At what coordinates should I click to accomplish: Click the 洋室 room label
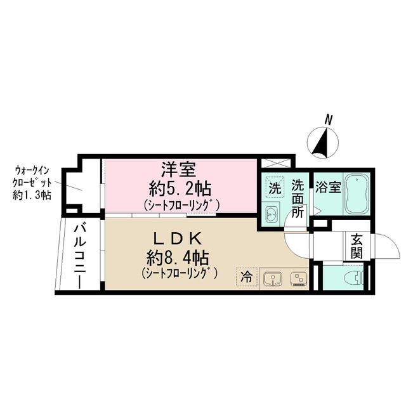click(x=181, y=170)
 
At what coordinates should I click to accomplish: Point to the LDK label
click(x=178, y=239)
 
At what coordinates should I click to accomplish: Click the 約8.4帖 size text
click(x=178, y=258)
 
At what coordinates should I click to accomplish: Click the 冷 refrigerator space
click(x=247, y=277)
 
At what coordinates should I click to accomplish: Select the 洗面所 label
click(x=298, y=199)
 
